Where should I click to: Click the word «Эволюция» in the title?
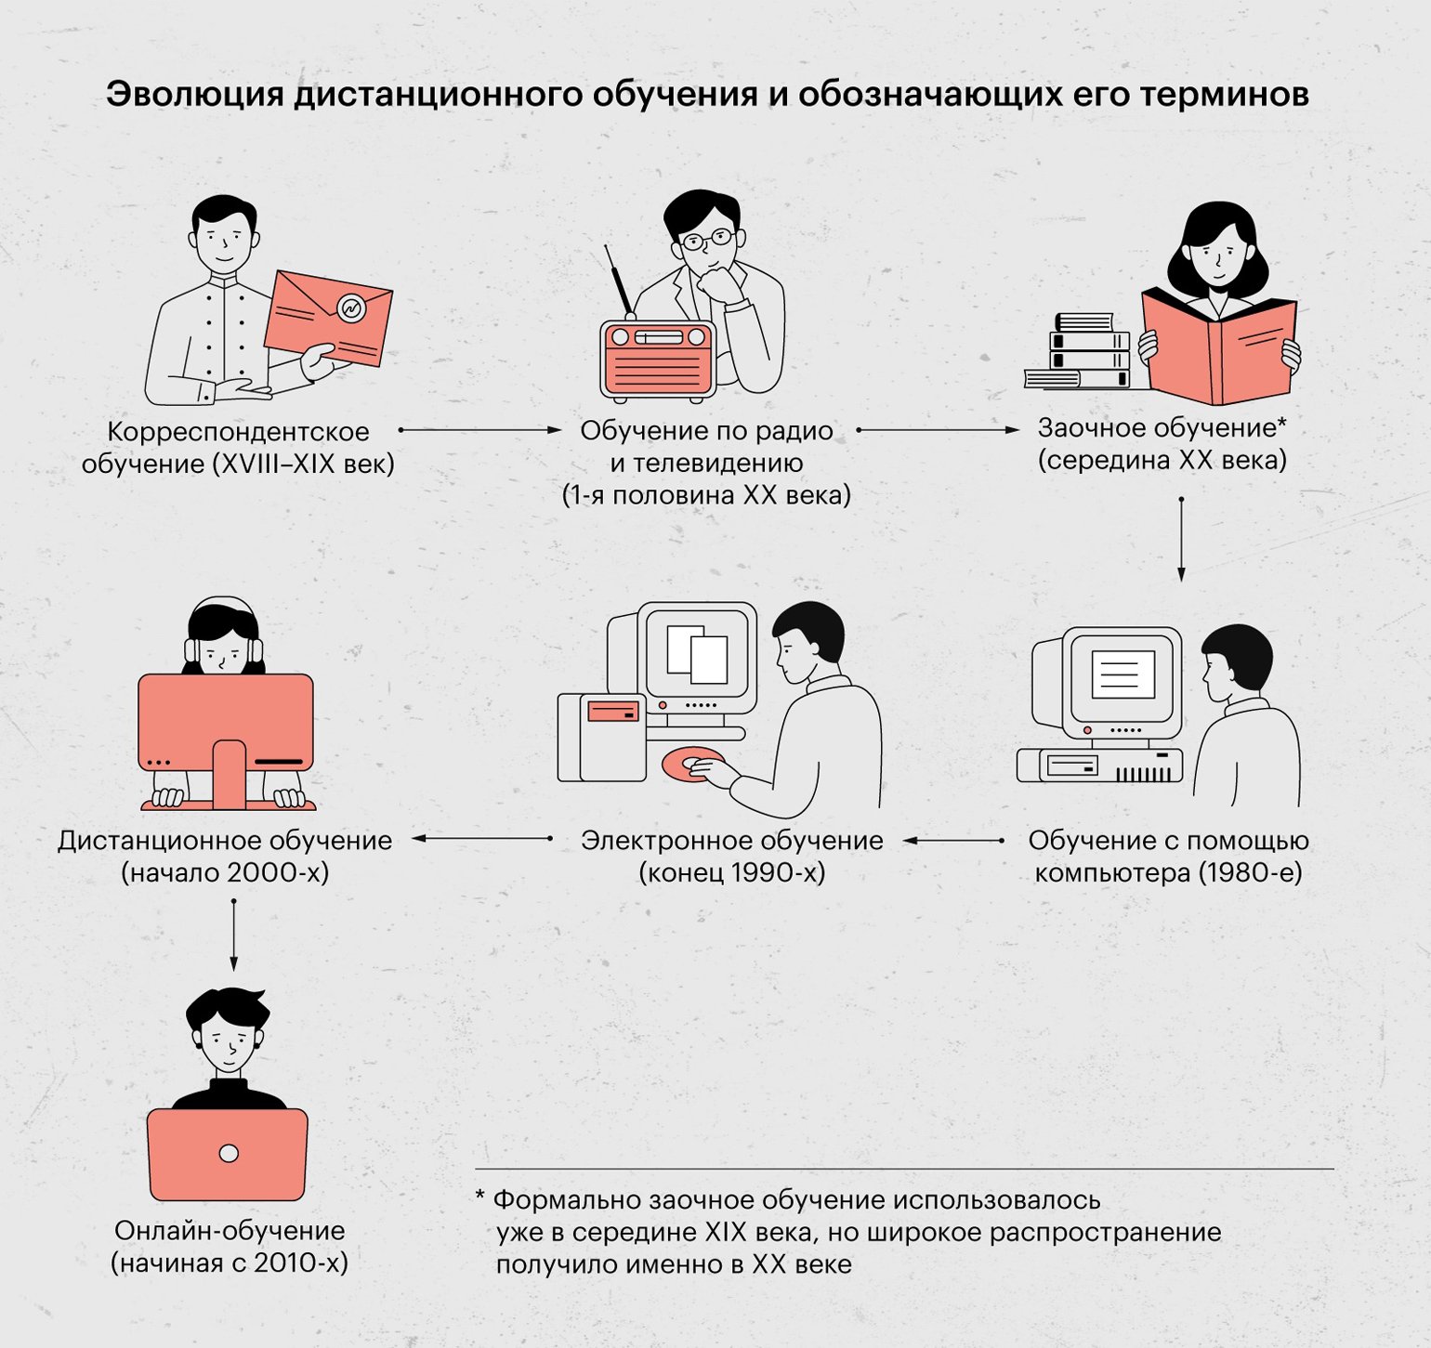coord(194,95)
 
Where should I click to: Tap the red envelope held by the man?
coord(327,318)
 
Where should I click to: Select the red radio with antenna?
coord(658,360)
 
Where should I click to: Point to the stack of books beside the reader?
coord(1081,352)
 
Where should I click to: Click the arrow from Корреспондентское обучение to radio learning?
coord(480,430)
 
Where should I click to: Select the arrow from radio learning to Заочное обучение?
coord(938,430)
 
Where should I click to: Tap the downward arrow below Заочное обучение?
coord(1181,540)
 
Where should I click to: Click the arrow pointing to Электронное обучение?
coord(953,841)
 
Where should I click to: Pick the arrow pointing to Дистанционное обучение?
coord(482,839)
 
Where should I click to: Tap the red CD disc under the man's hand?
coord(690,764)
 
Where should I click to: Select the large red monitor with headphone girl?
coord(226,723)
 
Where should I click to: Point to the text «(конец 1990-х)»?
coord(731,873)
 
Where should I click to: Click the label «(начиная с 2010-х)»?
coord(230,1263)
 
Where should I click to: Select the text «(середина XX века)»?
coord(1162,461)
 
